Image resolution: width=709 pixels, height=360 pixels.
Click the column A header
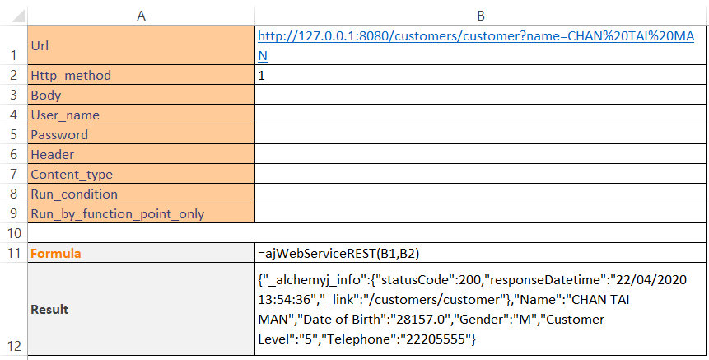pyautogui.click(x=141, y=16)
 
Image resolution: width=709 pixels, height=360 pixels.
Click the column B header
pyautogui.click(x=481, y=16)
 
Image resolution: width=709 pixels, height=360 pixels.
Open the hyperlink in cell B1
pyautogui.click(x=476, y=45)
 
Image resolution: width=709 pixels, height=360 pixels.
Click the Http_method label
pyautogui.click(x=71, y=76)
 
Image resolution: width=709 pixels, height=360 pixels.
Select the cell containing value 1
pyautogui.click(x=480, y=75)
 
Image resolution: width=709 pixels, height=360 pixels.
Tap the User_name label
pyautogui.click(x=65, y=115)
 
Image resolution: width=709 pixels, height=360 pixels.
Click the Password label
pyautogui.click(x=59, y=135)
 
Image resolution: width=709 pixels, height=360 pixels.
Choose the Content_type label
pyautogui.click(x=72, y=175)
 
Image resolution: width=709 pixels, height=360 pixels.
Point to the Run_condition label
pyautogui.click(x=74, y=194)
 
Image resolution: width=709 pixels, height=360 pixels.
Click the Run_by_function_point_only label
pyautogui.click(x=118, y=214)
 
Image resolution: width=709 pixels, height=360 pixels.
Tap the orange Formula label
pyautogui.click(x=56, y=253)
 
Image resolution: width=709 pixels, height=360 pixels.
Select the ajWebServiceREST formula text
pyautogui.click(x=338, y=254)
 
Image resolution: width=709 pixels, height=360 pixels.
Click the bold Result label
pyautogui.click(x=49, y=310)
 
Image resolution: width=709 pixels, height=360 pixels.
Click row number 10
pyautogui.click(x=14, y=233)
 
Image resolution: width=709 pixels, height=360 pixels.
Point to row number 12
pyautogui.click(x=14, y=346)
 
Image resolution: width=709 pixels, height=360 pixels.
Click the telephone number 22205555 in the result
pyautogui.click(x=436, y=339)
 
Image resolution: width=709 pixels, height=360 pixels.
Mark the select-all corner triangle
pyautogui.click(x=19, y=16)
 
